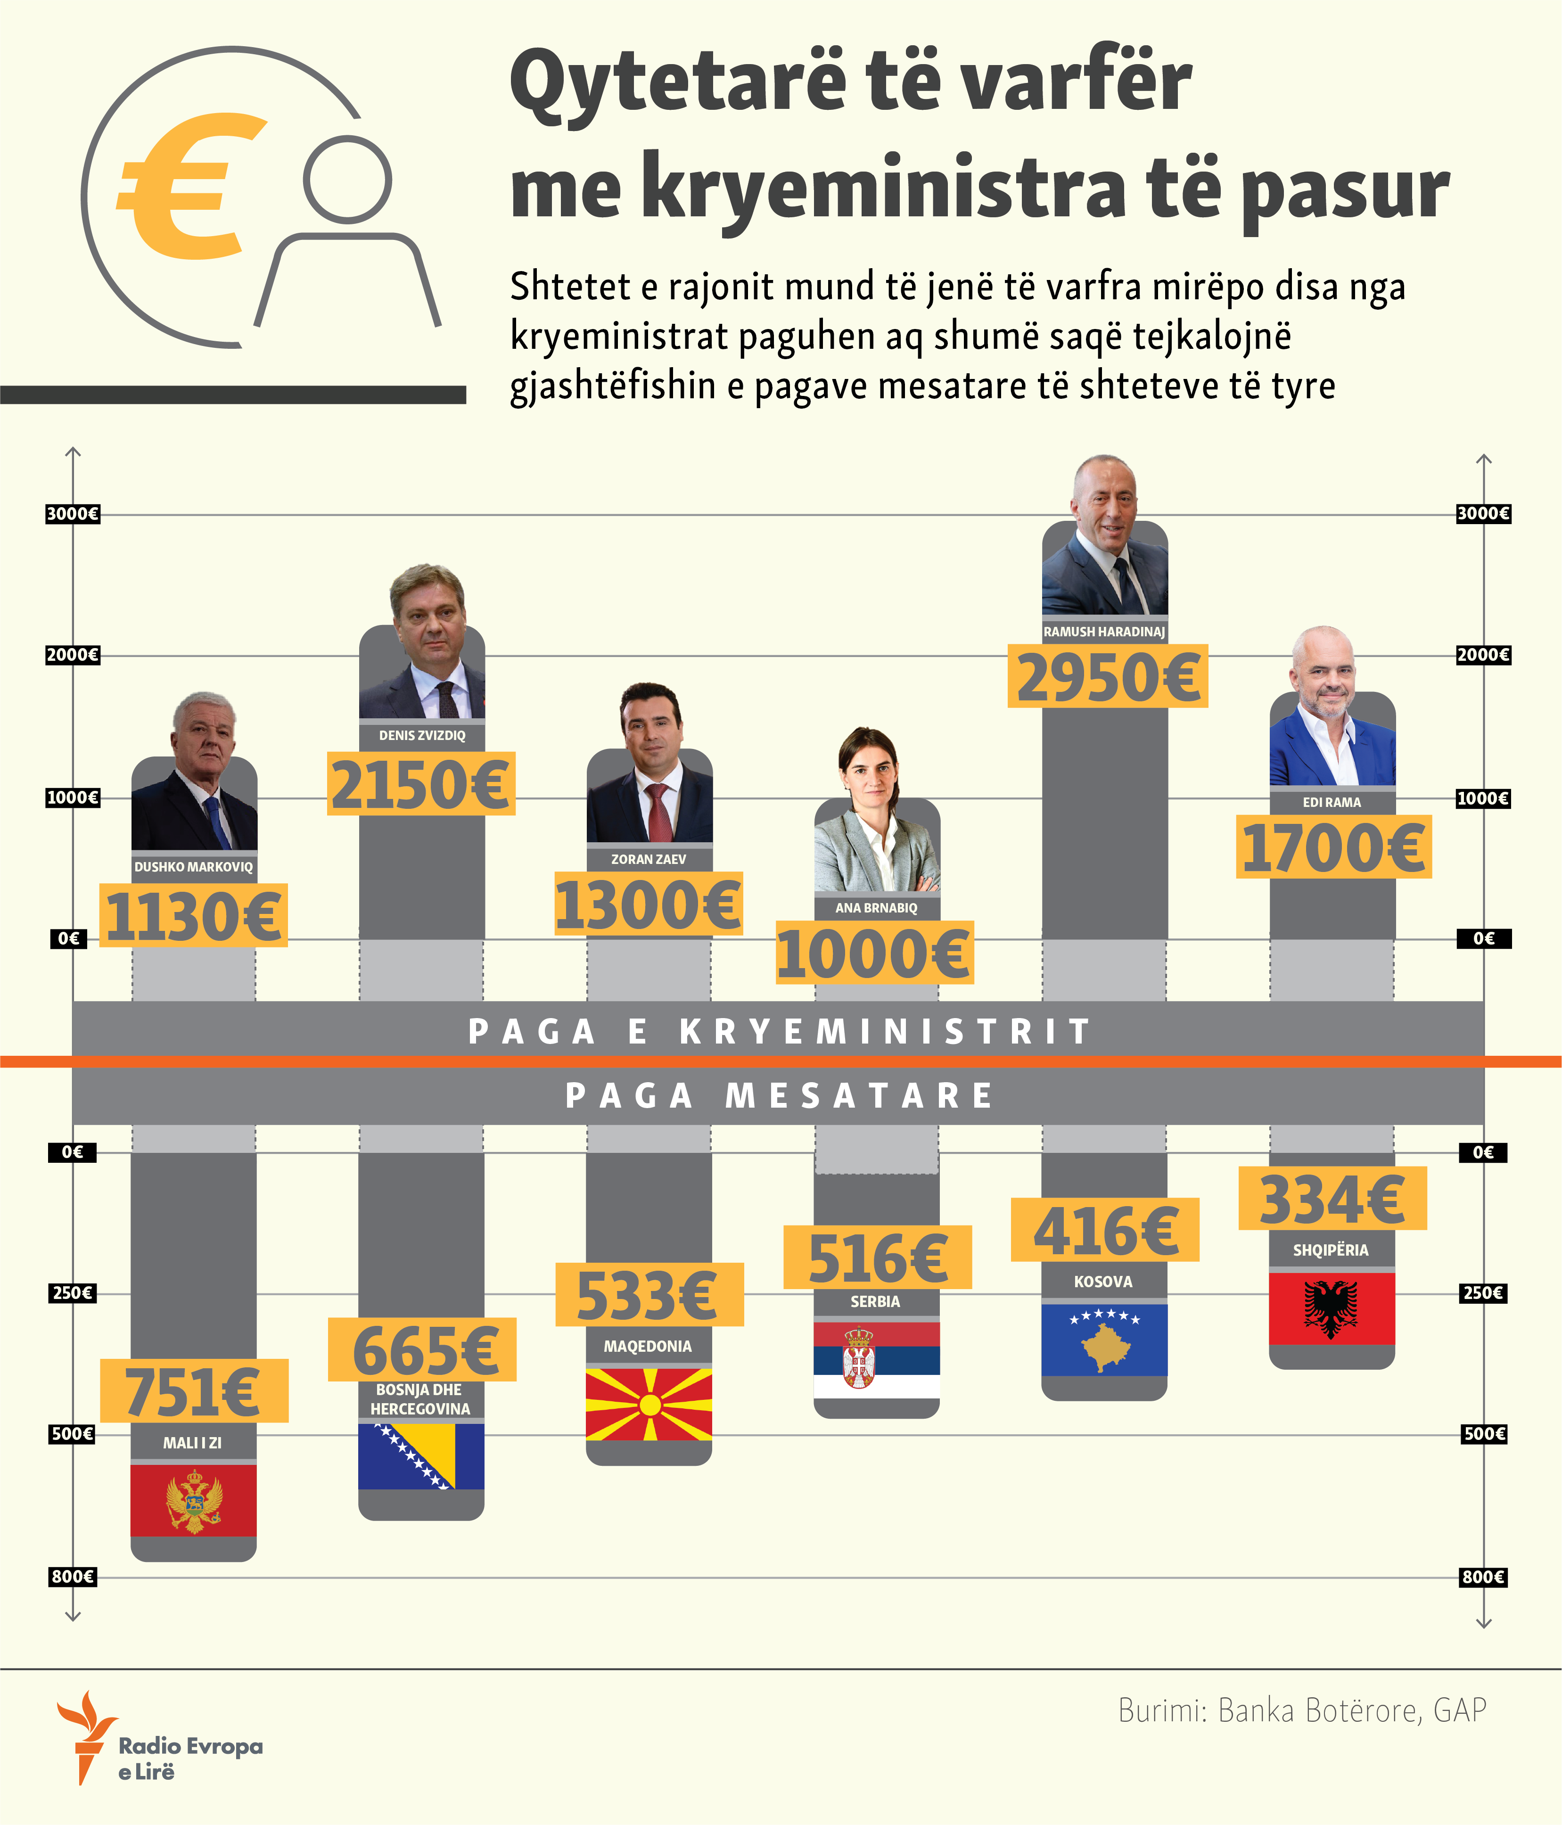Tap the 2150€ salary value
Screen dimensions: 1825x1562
(x=421, y=784)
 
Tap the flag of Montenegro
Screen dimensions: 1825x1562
(x=194, y=1501)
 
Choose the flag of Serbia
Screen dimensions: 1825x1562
(x=877, y=1361)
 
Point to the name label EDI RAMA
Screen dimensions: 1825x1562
(x=1331, y=802)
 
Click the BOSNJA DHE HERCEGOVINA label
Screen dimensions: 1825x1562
(x=420, y=1399)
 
